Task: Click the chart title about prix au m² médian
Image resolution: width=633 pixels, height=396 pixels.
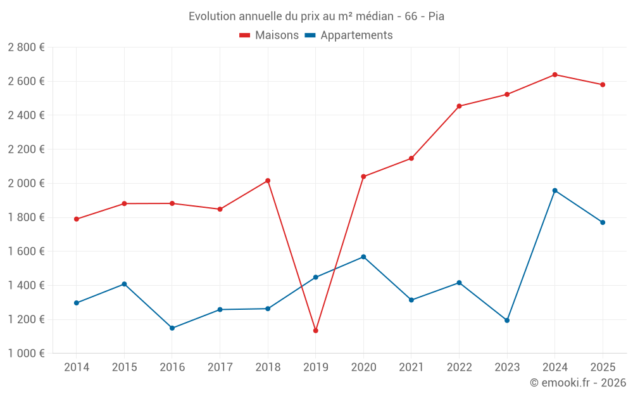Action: (316, 16)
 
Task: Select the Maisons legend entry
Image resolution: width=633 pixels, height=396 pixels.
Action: (269, 35)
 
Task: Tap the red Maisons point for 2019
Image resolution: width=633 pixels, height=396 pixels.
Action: (315, 330)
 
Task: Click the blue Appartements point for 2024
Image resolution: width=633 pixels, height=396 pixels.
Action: (555, 190)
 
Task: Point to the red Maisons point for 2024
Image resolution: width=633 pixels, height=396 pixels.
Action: (555, 75)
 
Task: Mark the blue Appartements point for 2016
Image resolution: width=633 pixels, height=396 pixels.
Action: (172, 328)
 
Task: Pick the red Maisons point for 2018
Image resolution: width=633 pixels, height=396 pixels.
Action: (268, 181)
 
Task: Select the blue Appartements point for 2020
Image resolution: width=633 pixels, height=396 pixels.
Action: (363, 257)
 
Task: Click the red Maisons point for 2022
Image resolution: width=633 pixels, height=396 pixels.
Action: (459, 106)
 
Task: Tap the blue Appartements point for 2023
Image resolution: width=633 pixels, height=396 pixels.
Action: (507, 320)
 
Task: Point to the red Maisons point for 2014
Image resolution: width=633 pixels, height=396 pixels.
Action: (77, 219)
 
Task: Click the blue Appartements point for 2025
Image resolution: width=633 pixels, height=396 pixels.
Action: (603, 222)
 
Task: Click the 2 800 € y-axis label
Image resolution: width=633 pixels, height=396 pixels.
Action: (27, 48)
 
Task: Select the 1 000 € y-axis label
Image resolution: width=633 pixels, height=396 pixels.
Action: (27, 353)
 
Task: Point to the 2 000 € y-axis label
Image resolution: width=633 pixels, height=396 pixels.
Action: (27, 183)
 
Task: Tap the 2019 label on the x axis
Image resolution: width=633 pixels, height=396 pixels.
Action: (315, 367)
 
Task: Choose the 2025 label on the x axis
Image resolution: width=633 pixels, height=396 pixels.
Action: (603, 367)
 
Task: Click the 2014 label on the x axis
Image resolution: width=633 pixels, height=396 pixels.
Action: (77, 367)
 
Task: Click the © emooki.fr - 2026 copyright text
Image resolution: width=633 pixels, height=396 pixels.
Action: (577, 383)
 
